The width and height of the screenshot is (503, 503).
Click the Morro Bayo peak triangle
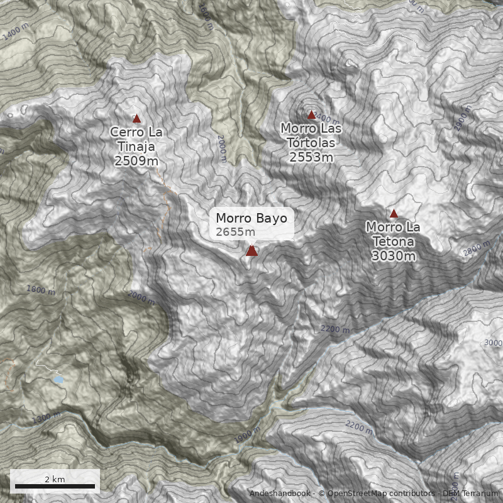(251, 251)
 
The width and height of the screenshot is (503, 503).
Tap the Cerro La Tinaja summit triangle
(136, 119)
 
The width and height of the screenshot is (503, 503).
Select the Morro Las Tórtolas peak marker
(311, 115)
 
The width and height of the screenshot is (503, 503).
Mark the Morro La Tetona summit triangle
(394, 214)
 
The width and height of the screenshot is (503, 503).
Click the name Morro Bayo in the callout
(251, 219)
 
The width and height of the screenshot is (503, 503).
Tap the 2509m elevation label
(136, 161)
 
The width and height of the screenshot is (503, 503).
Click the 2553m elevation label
(311, 157)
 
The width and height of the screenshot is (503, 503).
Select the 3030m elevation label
(394, 256)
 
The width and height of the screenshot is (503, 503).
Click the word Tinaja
(136, 146)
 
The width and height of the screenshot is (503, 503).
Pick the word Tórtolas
(312, 143)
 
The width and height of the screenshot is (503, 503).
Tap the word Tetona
(394, 241)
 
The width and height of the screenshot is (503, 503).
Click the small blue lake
(58, 380)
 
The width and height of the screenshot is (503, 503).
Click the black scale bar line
(55, 486)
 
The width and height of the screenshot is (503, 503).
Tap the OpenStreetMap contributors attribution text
(377, 494)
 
